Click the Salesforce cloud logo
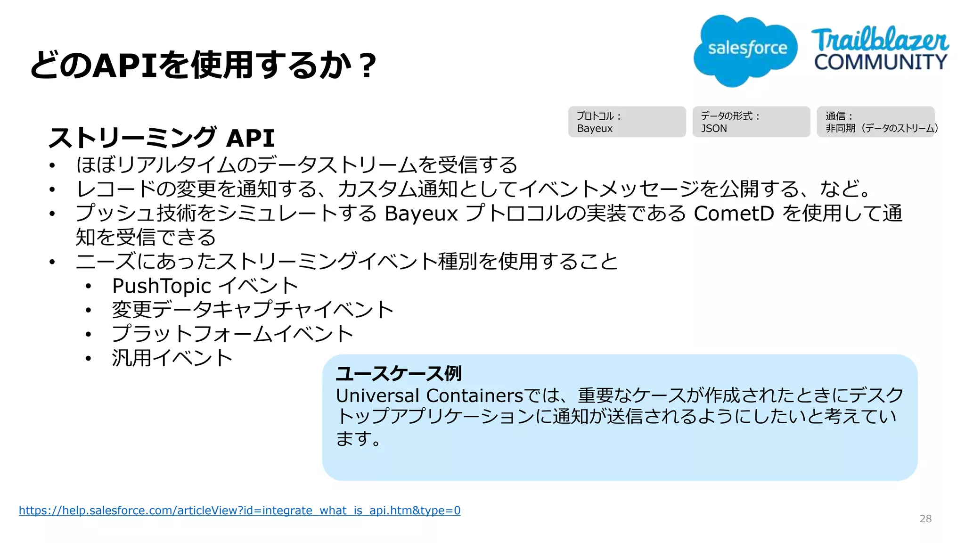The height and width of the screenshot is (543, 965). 745,49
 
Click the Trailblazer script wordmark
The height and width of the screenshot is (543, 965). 879,40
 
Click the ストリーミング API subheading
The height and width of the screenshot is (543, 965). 162,138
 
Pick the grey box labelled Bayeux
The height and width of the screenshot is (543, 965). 627,122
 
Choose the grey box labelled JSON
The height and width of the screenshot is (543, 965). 751,122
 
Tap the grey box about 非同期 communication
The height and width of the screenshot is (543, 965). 876,122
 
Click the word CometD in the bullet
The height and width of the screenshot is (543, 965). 734,213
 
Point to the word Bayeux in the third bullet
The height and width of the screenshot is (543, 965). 421,214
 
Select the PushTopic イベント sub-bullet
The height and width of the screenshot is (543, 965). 205,286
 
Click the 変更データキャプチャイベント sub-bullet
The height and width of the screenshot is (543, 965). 253,310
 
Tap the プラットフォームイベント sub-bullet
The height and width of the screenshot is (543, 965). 232,334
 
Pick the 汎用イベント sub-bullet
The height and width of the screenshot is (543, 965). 172,358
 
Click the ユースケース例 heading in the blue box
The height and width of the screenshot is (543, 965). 399,373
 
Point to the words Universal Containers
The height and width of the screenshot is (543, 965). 429,395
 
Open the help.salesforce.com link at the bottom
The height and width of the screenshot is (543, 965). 239,510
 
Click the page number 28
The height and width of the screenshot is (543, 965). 925,519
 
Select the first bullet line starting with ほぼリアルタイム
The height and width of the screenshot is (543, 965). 297,165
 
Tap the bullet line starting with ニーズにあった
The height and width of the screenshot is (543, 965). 347,262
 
